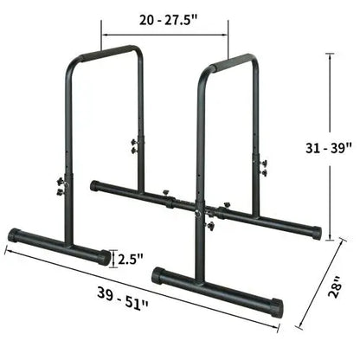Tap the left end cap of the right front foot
tap(158, 277)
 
